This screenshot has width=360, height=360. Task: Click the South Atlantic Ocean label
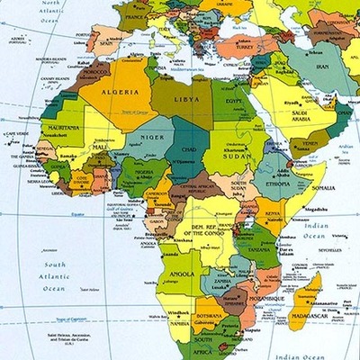pos(56,272)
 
